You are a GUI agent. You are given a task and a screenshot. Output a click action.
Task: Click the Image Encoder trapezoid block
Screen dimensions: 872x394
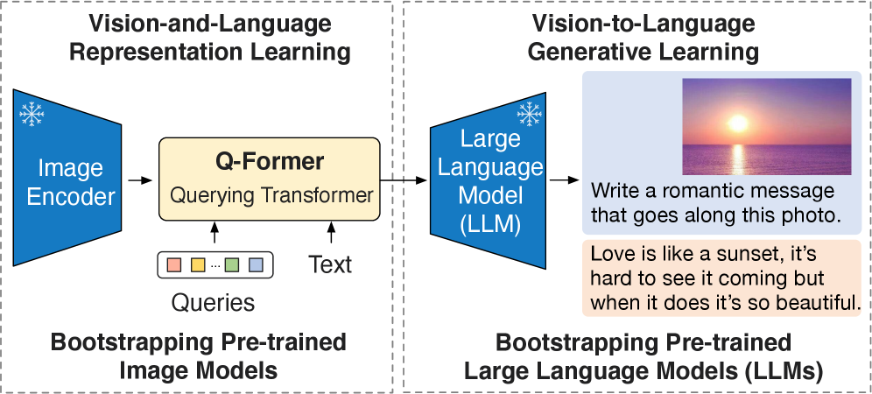pos(67,178)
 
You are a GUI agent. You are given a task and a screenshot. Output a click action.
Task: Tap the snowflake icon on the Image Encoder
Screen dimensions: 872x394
pos(32,114)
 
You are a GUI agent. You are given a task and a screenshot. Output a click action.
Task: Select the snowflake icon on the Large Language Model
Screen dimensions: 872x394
pos(529,114)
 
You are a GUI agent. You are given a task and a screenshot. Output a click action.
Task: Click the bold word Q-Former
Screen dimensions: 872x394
pos(269,161)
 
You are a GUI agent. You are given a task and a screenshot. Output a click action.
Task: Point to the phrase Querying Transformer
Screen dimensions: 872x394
pos(271,195)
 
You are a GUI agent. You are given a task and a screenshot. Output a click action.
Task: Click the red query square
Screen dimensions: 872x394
pos(174,265)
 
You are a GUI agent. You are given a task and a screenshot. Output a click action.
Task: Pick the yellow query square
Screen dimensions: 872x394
pos(198,265)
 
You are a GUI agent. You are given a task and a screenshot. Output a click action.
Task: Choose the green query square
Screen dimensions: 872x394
pos(232,265)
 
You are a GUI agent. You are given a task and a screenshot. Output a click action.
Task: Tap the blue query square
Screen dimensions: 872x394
pos(256,265)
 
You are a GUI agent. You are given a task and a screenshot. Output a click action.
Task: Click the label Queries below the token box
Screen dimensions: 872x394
pos(213,303)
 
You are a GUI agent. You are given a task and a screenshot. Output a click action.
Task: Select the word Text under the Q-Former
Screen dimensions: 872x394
pos(330,264)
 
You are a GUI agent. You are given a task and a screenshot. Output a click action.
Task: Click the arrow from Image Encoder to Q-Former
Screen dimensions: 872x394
pos(139,180)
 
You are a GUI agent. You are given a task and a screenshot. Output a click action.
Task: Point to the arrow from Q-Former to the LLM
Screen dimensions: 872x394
pos(404,180)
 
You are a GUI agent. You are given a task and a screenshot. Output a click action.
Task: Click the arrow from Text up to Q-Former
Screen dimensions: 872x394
pos(332,232)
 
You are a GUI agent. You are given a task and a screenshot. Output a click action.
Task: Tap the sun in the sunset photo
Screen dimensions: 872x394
pos(738,123)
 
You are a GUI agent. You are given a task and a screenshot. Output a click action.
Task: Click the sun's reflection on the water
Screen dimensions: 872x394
pos(738,158)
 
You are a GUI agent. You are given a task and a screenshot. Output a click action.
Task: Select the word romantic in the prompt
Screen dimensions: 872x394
pos(696,192)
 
